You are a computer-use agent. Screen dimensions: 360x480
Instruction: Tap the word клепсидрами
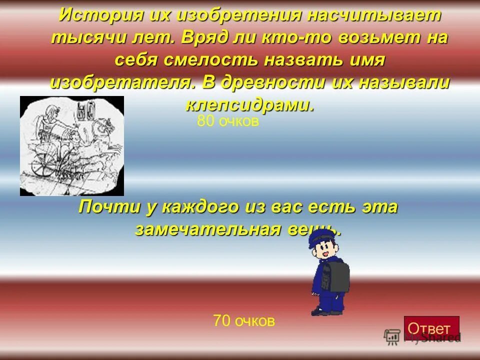point(250,104)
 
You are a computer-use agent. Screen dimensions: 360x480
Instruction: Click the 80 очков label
point(228,121)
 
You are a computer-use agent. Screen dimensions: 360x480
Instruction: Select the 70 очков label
point(244,320)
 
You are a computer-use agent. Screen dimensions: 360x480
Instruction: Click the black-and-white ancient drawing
point(71,145)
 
